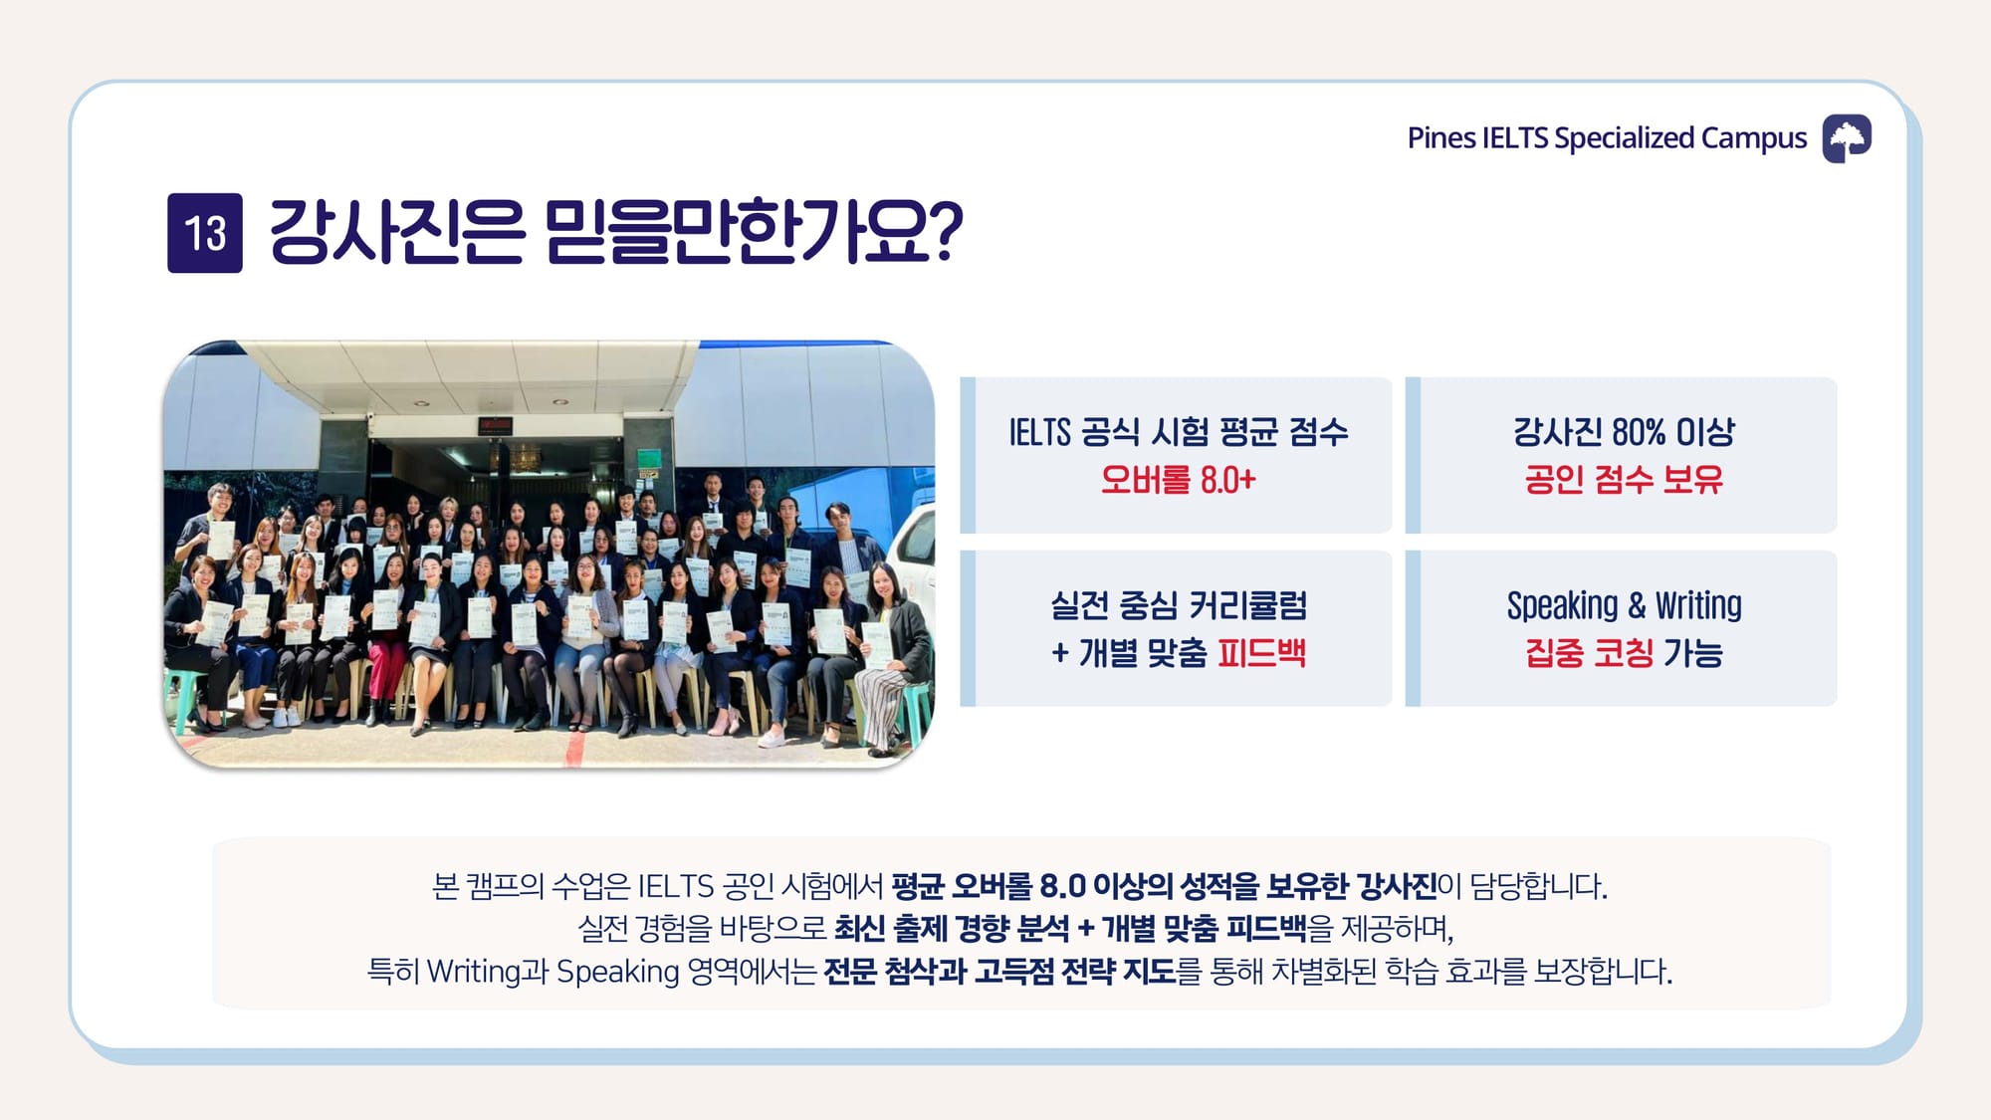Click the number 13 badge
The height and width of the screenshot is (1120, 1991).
pos(205,233)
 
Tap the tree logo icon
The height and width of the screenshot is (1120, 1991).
pos(1847,138)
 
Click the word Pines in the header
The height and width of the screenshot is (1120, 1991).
pos(1441,137)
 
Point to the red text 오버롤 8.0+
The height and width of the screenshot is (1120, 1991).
pos(1178,480)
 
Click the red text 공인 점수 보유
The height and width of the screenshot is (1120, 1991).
pos(1624,480)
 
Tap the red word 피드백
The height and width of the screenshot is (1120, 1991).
pos(1261,653)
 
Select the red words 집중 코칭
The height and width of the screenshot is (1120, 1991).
pos(1589,653)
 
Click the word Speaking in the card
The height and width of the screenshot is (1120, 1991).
pos(1562,606)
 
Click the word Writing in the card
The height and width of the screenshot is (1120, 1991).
pos(1698,606)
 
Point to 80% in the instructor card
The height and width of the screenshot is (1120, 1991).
pos(1639,432)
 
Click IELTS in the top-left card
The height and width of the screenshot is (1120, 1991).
pos(1040,432)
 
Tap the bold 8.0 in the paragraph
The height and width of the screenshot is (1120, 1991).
pos(1061,885)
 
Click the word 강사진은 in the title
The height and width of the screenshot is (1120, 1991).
pos(396,231)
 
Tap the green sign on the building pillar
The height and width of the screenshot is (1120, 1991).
pos(648,459)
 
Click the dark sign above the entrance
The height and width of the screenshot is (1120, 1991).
pos(495,425)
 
